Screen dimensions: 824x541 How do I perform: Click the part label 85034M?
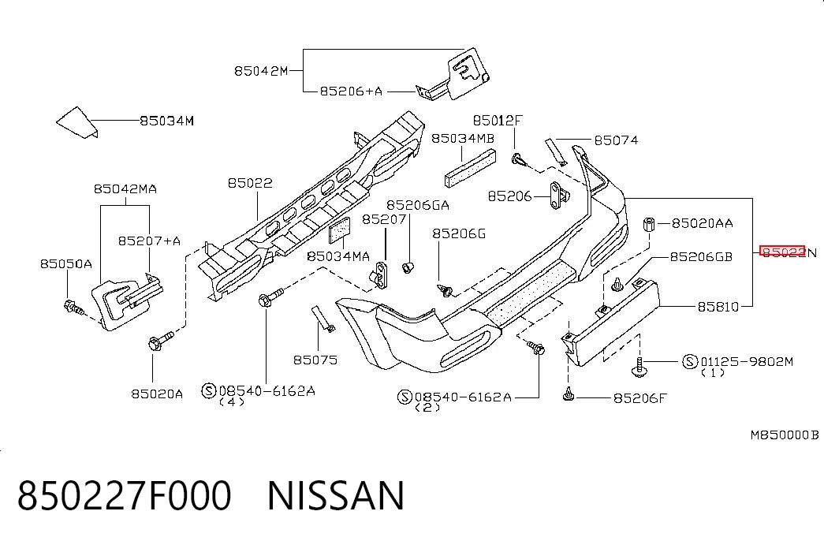pyautogui.click(x=166, y=121)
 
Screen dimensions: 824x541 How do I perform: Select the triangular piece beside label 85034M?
pyautogui.click(x=76, y=123)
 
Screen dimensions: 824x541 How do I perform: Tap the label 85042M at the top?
pyautogui.click(x=261, y=70)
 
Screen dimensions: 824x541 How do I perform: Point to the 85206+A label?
pyautogui.click(x=351, y=91)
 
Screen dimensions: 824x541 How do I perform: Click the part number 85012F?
pyautogui.click(x=497, y=121)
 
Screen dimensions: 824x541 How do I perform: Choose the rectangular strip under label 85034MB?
pyautogui.click(x=470, y=168)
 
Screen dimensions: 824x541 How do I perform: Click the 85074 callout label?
pyautogui.click(x=616, y=140)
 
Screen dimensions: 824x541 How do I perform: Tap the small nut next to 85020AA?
pyautogui.click(x=648, y=224)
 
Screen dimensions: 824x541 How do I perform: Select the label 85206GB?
pyautogui.click(x=700, y=256)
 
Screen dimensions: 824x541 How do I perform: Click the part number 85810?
pyautogui.click(x=718, y=307)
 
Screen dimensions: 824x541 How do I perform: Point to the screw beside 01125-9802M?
pyautogui.click(x=639, y=367)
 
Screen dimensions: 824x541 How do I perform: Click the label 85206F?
pyautogui.click(x=639, y=398)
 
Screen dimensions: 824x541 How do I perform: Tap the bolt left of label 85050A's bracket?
pyautogui.click(x=73, y=307)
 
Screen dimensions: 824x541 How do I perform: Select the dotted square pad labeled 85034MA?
pyautogui.click(x=340, y=230)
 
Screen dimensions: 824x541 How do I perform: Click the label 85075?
pyautogui.click(x=315, y=360)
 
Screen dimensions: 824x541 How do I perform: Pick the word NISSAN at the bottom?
pyautogui.click(x=337, y=495)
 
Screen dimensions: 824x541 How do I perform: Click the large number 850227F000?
pyautogui.click(x=125, y=495)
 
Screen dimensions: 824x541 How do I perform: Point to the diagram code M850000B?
pyautogui.click(x=784, y=435)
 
